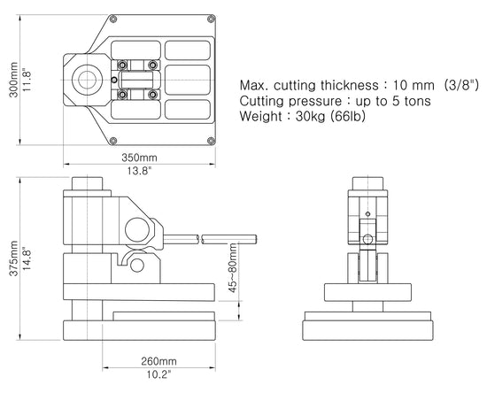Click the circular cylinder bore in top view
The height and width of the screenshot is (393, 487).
(x=89, y=78)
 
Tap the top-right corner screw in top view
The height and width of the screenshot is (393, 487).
(x=210, y=18)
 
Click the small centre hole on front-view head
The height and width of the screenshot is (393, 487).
(x=367, y=212)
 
